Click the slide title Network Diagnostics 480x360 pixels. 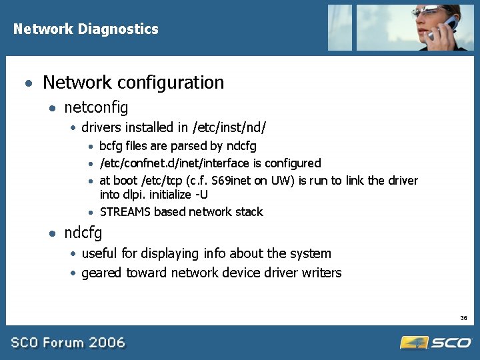86,29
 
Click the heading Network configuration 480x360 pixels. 133,83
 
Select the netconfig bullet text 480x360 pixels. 96,107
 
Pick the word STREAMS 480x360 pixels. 125,212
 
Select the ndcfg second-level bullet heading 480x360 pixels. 83,233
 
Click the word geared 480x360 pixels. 101,273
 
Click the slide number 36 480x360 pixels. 463,318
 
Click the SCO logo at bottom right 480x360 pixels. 437,343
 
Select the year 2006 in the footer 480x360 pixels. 107,343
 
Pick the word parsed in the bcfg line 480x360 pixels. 189,146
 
